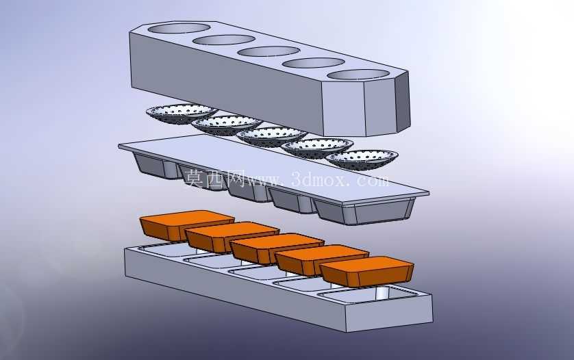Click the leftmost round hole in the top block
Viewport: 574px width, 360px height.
click(179, 28)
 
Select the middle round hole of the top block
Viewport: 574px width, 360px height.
click(269, 51)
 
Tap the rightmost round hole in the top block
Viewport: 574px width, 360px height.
click(358, 75)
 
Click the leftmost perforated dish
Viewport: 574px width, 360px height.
click(182, 114)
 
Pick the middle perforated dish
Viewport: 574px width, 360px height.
click(272, 136)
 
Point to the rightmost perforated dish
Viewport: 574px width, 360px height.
click(362, 159)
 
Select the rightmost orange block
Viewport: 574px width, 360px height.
click(367, 271)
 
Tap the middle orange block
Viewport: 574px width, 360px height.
click(277, 248)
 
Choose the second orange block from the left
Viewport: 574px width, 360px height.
click(232, 236)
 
